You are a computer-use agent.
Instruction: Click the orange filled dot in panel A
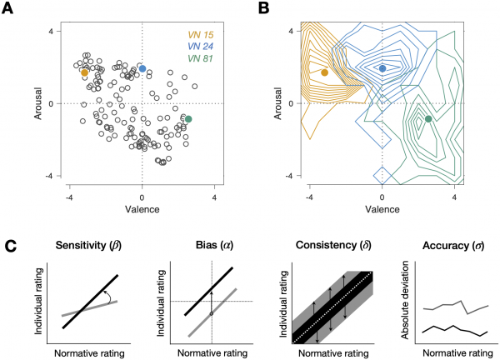click(x=84, y=72)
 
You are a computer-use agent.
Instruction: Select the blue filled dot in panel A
click(x=142, y=68)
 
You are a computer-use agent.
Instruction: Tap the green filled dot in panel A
click(x=188, y=119)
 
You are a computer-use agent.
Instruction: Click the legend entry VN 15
click(x=201, y=35)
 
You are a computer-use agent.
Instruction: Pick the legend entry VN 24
click(x=201, y=47)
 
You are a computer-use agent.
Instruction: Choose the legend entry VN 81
click(x=201, y=58)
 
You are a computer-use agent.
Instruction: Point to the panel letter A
click(x=7, y=8)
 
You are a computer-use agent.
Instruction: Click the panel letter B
click(x=263, y=8)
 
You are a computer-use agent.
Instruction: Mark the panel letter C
click(x=11, y=247)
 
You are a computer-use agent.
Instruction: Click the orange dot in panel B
click(x=325, y=72)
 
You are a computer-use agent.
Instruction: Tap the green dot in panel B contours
click(x=428, y=119)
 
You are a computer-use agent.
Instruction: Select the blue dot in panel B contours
click(x=382, y=68)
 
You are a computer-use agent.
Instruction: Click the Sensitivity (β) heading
click(x=88, y=246)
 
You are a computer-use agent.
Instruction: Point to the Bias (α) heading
click(x=214, y=246)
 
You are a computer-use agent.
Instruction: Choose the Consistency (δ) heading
click(x=333, y=246)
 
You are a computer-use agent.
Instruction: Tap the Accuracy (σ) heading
click(x=453, y=246)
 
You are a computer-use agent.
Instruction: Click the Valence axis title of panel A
click(x=142, y=209)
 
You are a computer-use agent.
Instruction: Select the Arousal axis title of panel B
click(x=278, y=103)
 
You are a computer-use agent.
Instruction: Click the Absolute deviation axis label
click(x=405, y=300)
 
